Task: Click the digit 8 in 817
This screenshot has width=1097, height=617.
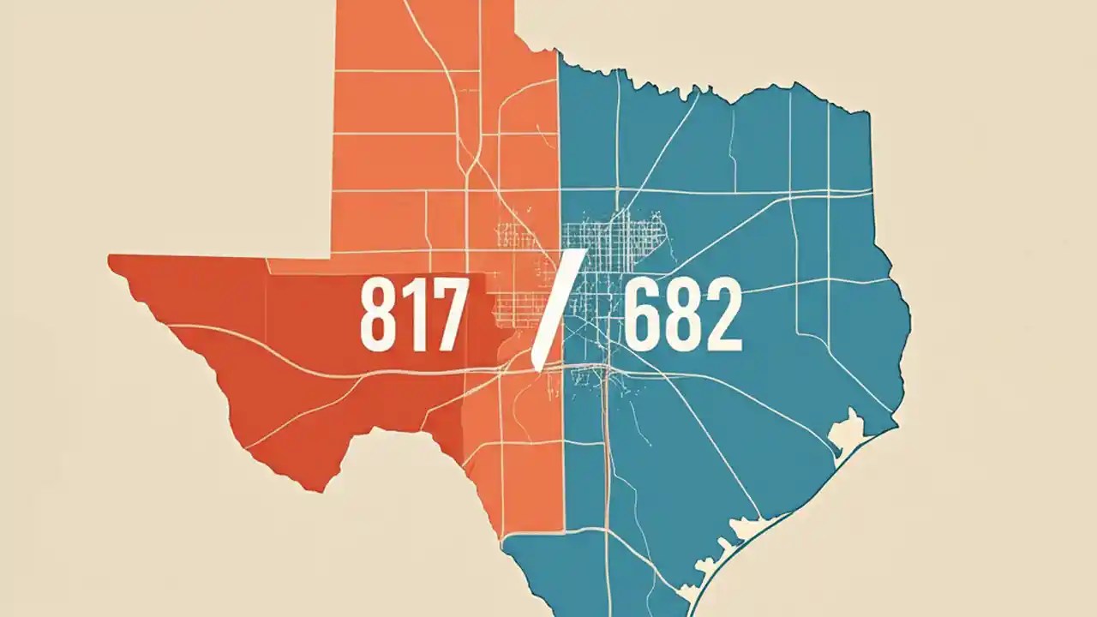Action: pos(378,315)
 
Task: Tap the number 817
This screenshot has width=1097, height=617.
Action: pos(413,315)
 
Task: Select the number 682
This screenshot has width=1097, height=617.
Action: pos(682,315)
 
